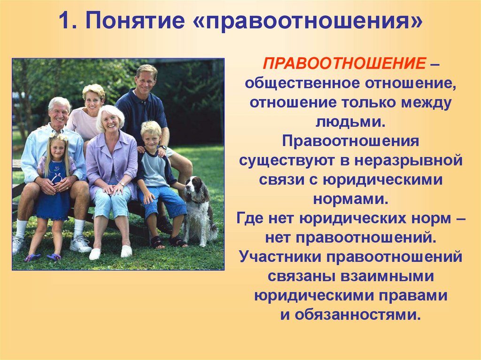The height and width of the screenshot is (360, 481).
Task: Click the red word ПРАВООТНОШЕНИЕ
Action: [344, 63]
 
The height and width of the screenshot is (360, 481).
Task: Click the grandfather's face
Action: [59, 114]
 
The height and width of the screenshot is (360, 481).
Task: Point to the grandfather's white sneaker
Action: [80, 244]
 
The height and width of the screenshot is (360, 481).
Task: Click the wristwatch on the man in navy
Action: [163, 147]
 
